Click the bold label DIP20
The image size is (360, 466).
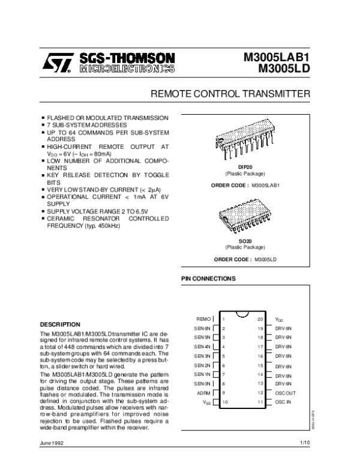point(245,166)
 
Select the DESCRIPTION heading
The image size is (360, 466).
point(60,324)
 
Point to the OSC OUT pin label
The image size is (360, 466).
point(285,392)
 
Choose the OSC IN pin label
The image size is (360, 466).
point(283,401)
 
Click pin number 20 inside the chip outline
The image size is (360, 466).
point(260,319)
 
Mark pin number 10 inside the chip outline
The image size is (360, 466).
point(224,401)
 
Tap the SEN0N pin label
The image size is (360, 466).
point(202,383)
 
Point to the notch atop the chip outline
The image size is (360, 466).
point(242,313)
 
